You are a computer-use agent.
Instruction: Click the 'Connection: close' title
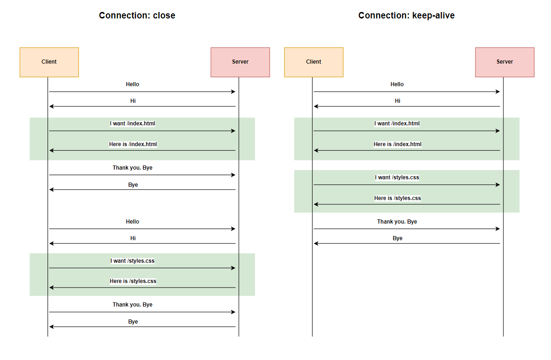click(137, 16)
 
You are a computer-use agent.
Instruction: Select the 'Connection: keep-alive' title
click(406, 16)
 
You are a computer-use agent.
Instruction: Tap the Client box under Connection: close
click(49, 62)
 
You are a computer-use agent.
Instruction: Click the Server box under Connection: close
click(240, 62)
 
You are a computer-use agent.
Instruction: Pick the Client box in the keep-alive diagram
click(314, 62)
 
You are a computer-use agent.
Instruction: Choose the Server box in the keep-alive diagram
click(504, 62)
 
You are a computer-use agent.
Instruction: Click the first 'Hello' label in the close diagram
click(132, 84)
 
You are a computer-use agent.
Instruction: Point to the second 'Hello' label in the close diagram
click(132, 222)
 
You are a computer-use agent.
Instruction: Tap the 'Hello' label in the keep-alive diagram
click(397, 84)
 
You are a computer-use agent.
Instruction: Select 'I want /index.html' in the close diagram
click(132, 124)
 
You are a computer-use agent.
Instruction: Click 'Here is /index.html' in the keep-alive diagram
click(397, 144)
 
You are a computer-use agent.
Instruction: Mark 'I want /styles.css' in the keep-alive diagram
click(397, 177)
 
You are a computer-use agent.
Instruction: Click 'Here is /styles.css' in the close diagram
click(133, 281)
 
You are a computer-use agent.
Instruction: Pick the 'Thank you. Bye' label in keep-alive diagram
click(397, 222)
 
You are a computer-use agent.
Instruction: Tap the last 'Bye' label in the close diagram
click(133, 322)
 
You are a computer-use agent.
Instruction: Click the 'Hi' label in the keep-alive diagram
click(397, 101)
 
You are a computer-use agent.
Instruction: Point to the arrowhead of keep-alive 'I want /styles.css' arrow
click(498, 185)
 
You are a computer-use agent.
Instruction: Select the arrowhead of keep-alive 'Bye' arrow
click(316, 243)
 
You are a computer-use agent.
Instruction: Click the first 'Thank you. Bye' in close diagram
click(132, 168)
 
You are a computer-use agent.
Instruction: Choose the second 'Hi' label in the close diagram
click(133, 238)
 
